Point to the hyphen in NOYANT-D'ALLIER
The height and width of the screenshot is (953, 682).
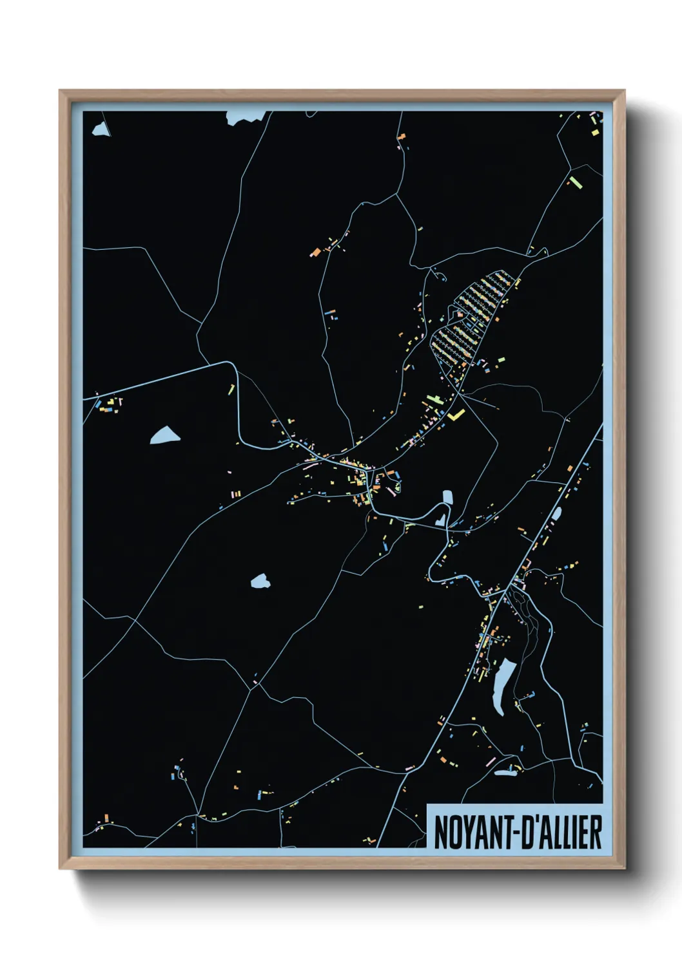pyautogui.click(x=511, y=833)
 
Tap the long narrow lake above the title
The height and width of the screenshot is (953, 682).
pyautogui.click(x=502, y=685)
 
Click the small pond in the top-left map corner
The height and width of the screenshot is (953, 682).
pyautogui.click(x=100, y=129)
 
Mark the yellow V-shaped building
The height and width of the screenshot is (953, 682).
pyautogui.click(x=457, y=414)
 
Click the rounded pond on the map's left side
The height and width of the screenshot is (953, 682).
pyautogui.click(x=164, y=436)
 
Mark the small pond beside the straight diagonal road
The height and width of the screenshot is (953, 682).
pyautogui.click(x=556, y=513)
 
